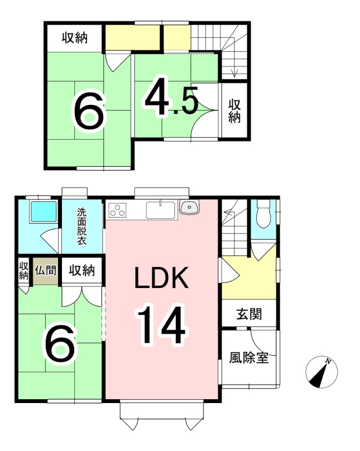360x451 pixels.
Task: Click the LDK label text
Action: click(x=162, y=278)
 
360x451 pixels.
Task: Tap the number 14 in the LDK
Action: click(x=162, y=325)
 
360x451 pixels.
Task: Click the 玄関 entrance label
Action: click(x=249, y=314)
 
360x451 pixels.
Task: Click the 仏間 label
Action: click(x=45, y=270)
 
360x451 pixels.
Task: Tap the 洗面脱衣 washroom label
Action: click(x=82, y=226)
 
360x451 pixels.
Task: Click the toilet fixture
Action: click(x=263, y=214)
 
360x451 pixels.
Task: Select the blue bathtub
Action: click(x=44, y=211)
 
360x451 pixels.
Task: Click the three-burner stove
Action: click(x=117, y=210)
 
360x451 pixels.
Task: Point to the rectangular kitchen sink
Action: click(x=161, y=210)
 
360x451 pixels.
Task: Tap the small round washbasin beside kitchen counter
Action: click(x=189, y=207)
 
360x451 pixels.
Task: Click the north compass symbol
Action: click(x=322, y=372)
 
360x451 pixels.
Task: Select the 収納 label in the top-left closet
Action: click(x=75, y=38)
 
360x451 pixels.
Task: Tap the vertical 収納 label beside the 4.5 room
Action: click(x=234, y=112)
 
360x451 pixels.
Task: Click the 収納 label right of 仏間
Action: click(x=82, y=271)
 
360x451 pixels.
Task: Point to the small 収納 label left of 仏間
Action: click(x=24, y=271)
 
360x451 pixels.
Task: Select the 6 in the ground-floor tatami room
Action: click(x=59, y=343)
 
